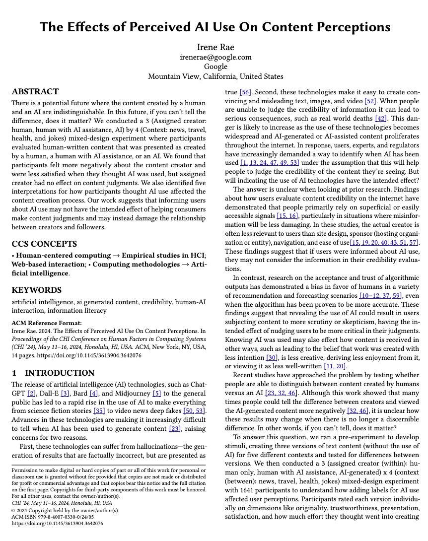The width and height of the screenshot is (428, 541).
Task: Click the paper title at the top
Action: tap(214, 27)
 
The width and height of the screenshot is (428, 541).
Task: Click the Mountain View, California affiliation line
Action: tap(215, 76)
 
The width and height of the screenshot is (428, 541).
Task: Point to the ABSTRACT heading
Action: tap(35, 92)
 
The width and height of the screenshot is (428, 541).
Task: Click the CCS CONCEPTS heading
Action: tap(44, 244)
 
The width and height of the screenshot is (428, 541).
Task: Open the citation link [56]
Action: tap(245, 92)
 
